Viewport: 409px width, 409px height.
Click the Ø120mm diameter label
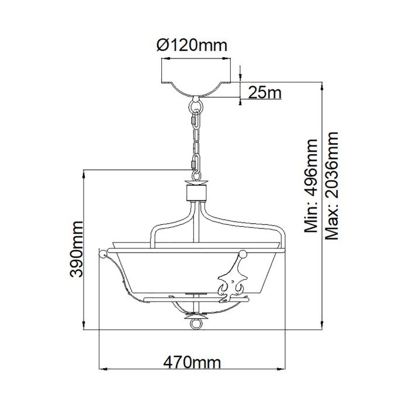coord(192,45)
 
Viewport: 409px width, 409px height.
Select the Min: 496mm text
coord(311,186)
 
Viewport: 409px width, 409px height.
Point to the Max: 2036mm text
coord(332,186)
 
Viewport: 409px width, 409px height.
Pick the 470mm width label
coord(192,363)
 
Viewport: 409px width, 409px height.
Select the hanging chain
coord(196,140)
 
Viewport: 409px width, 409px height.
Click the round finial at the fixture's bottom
coord(196,321)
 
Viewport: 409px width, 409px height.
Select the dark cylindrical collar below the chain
coord(196,192)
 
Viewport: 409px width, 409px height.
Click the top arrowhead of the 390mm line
coord(85,172)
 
